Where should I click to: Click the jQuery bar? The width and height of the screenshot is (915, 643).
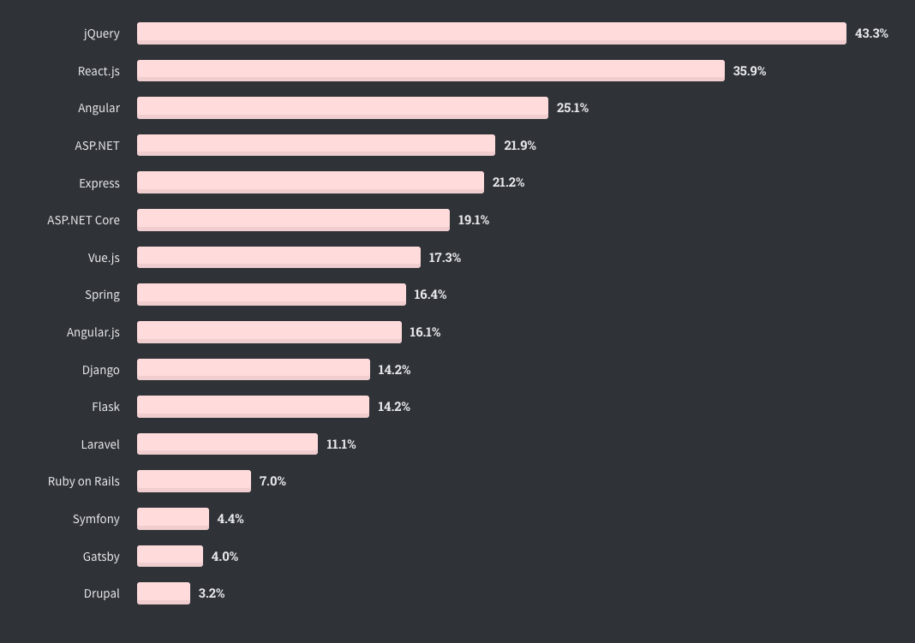[x=491, y=33]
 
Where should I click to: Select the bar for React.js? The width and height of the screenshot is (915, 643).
[x=430, y=71]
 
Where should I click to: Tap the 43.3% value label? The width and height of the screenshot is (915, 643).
[x=871, y=33]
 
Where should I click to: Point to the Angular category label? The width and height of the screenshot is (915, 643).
[x=99, y=108]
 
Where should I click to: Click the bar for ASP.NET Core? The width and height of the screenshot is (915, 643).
[x=293, y=220]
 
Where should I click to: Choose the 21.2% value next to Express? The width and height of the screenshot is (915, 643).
[x=508, y=182]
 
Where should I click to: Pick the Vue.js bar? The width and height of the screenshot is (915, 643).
[x=278, y=258]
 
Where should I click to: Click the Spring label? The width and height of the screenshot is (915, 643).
[x=102, y=295]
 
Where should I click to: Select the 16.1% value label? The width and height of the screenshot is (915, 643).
[x=425, y=332]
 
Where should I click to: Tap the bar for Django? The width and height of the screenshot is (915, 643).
[x=253, y=370]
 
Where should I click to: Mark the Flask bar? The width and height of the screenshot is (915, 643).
[x=253, y=407]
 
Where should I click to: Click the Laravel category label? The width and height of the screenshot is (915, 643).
[x=99, y=444]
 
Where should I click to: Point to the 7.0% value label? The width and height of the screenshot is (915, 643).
[x=272, y=481]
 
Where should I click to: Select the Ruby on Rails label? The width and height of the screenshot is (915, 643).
[x=84, y=481]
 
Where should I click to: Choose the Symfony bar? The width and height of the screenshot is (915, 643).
[x=172, y=519]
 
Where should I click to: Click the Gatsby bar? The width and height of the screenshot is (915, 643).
[x=170, y=557]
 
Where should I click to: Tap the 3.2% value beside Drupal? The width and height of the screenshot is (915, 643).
[x=212, y=593]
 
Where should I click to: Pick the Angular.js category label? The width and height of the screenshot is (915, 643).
[x=93, y=332]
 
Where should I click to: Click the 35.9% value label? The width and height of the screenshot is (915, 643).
[x=750, y=71]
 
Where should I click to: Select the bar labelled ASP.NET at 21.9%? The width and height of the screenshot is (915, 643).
[x=315, y=146]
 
